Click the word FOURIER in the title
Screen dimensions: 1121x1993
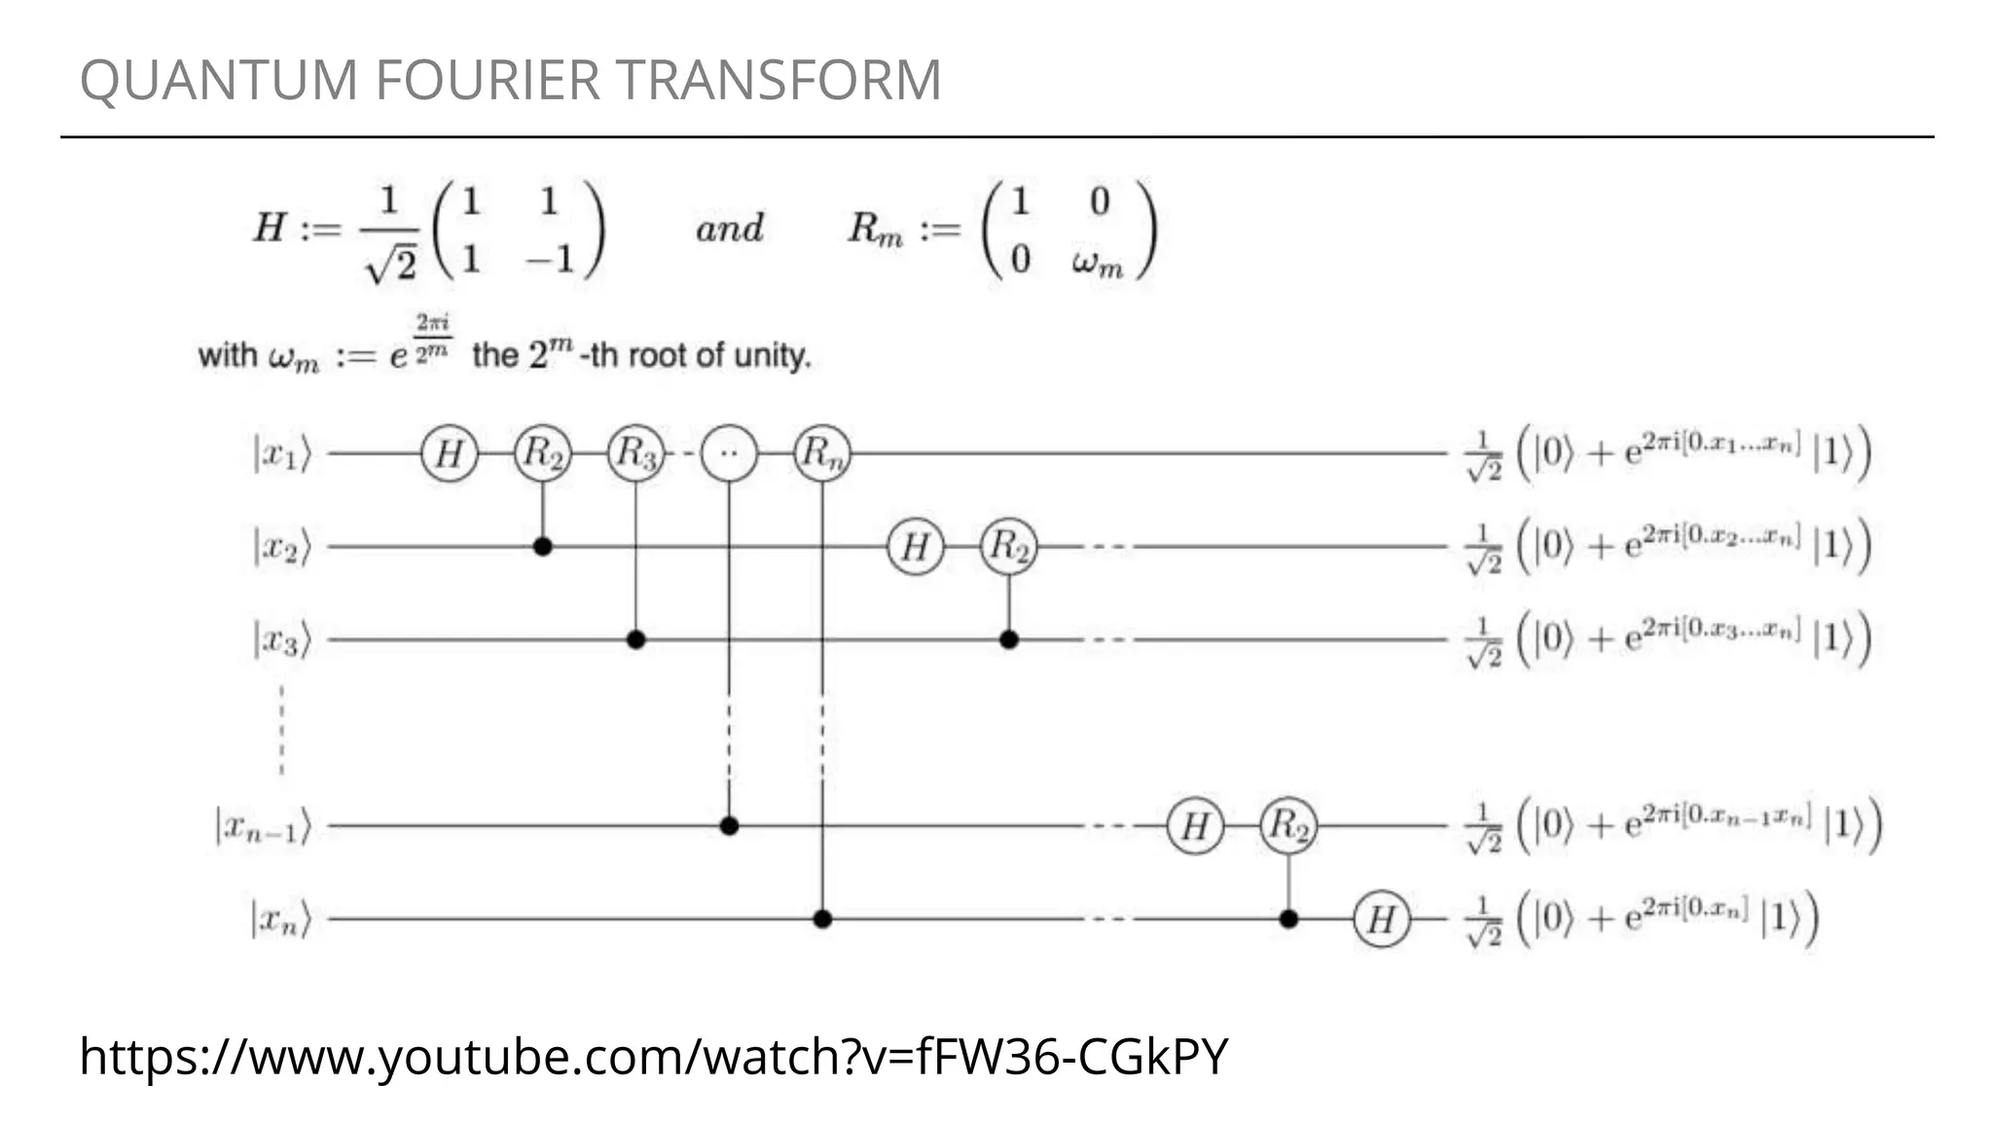(x=487, y=80)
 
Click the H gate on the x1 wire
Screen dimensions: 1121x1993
(x=449, y=453)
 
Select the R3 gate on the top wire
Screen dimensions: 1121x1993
(x=636, y=453)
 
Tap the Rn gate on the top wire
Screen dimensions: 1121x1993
(x=822, y=453)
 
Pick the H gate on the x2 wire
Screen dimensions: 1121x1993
(x=915, y=547)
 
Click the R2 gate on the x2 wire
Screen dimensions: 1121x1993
(x=1009, y=547)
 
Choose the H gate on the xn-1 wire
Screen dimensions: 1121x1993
(x=1195, y=826)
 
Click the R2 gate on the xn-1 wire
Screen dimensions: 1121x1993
(x=1288, y=826)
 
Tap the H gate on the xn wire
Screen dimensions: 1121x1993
(x=1381, y=919)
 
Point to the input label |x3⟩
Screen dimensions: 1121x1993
(x=281, y=640)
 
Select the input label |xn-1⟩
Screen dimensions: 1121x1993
(x=264, y=827)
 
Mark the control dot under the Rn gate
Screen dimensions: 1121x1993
(x=822, y=919)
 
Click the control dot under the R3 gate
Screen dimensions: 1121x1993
(x=636, y=639)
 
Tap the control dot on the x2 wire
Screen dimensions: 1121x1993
(x=543, y=547)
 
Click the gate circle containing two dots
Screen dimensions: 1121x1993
(x=729, y=453)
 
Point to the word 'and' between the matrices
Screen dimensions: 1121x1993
(x=729, y=229)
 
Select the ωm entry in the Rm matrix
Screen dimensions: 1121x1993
(x=1098, y=262)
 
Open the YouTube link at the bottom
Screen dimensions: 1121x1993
(x=653, y=1056)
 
